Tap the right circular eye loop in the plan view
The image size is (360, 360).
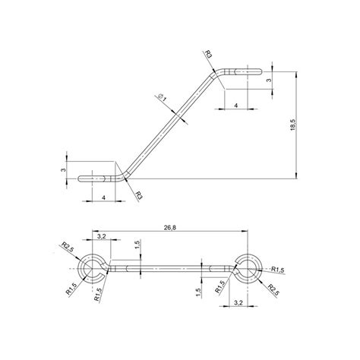(x=251, y=268)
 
